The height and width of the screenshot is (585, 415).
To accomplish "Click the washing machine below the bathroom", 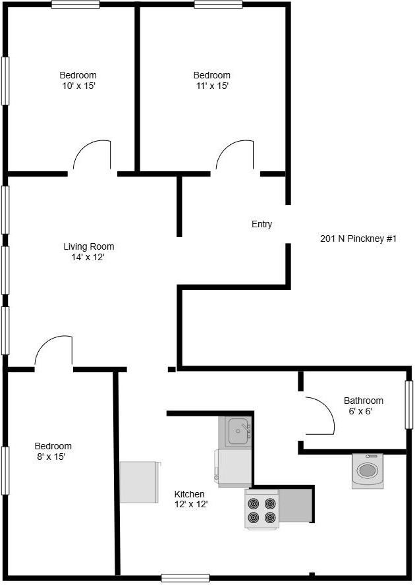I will [x=368, y=470].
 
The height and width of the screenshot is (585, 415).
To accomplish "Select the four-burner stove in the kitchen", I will [x=262, y=510].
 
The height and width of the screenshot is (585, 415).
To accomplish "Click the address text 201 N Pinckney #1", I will [x=358, y=239].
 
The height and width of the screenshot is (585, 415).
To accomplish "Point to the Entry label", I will [x=262, y=225].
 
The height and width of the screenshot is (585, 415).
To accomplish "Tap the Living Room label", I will [x=88, y=247].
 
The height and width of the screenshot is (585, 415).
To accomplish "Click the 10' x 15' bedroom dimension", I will [x=78, y=86].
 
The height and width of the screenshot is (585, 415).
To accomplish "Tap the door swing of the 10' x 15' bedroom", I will [x=92, y=157].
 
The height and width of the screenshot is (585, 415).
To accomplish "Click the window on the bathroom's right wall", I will [x=409, y=404].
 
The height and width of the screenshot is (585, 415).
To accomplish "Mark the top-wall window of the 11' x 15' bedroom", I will [x=218, y=5].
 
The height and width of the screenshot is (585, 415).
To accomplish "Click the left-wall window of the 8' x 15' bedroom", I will [x=5, y=470].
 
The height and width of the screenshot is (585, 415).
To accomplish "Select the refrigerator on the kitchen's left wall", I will [x=140, y=482].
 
